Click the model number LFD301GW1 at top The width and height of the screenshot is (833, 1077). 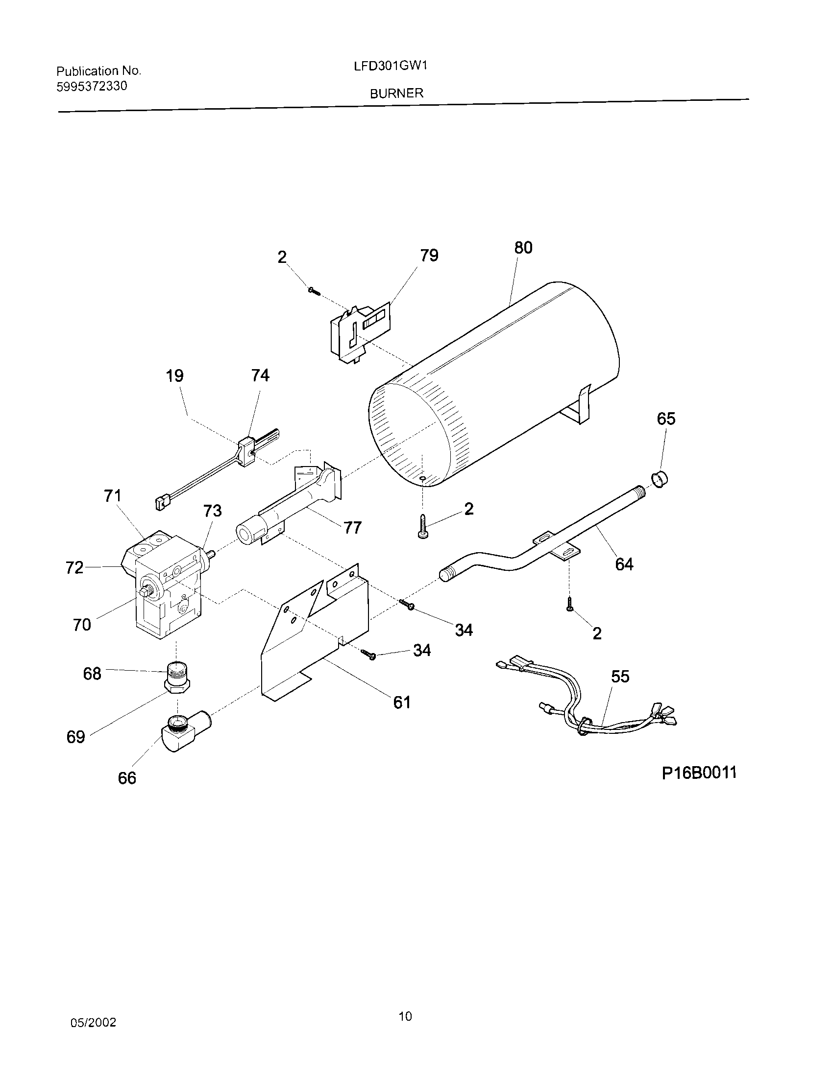[x=390, y=66]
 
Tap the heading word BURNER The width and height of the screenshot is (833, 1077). [x=397, y=93]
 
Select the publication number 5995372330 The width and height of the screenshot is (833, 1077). [x=92, y=87]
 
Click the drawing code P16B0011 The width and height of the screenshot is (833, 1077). [x=699, y=772]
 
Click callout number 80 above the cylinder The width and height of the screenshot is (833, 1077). [x=523, y=248]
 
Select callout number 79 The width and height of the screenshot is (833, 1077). [x=429, y=256]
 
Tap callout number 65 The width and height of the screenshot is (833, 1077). [x=666, y=419]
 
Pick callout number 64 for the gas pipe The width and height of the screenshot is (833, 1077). [x=624, y=563]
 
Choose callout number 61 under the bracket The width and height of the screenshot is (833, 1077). [x=402, y=702]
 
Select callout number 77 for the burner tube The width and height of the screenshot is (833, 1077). [x=352, y=528]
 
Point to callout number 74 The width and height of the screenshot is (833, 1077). [x=260, y=376]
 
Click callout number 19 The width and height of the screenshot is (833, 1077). [x=174, y=376]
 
